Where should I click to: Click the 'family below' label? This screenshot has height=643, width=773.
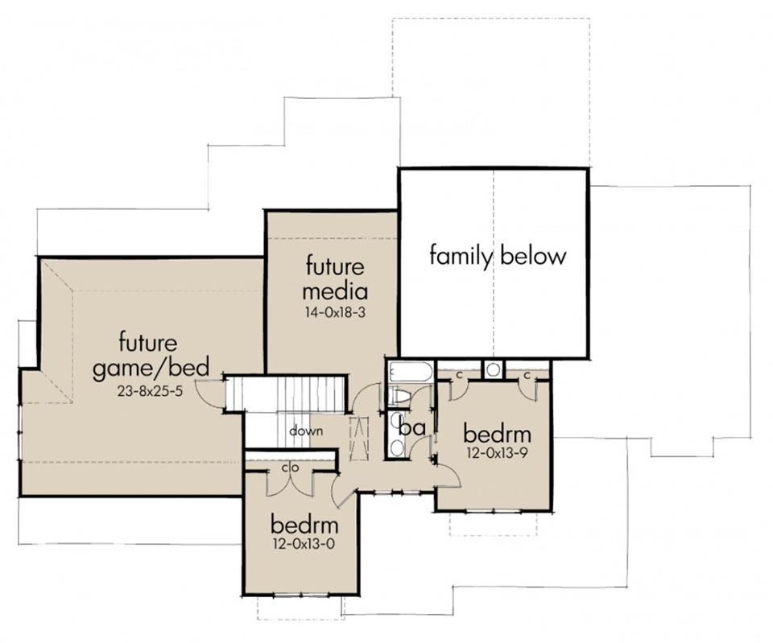click(498, 256)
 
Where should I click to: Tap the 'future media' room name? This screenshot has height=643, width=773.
click(335, 278)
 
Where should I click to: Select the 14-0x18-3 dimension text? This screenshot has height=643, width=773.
click(335, 312)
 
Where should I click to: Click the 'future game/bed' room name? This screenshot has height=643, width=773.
click(151, 355)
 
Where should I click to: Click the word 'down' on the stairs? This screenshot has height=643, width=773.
click(306, 431)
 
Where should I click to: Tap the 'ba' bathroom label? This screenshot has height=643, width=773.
click(412, 427)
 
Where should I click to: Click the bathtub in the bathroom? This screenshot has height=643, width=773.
click(410, 373)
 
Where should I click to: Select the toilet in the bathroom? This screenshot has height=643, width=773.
click(399, 396)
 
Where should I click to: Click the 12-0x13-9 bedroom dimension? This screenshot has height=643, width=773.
click(498, 452)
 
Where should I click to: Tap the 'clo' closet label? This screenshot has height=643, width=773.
click(291, 467)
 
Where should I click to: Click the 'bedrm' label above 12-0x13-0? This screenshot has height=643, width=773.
click(304, 524)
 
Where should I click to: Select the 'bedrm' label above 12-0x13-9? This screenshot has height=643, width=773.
click(498, 434)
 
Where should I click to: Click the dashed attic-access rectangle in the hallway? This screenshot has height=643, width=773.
click(359, 438)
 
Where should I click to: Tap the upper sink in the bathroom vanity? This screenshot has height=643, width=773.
click(396, 421)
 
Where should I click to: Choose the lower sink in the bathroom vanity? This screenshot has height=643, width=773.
click(396, 448)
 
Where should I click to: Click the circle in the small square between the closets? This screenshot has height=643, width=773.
click(493, 369)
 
